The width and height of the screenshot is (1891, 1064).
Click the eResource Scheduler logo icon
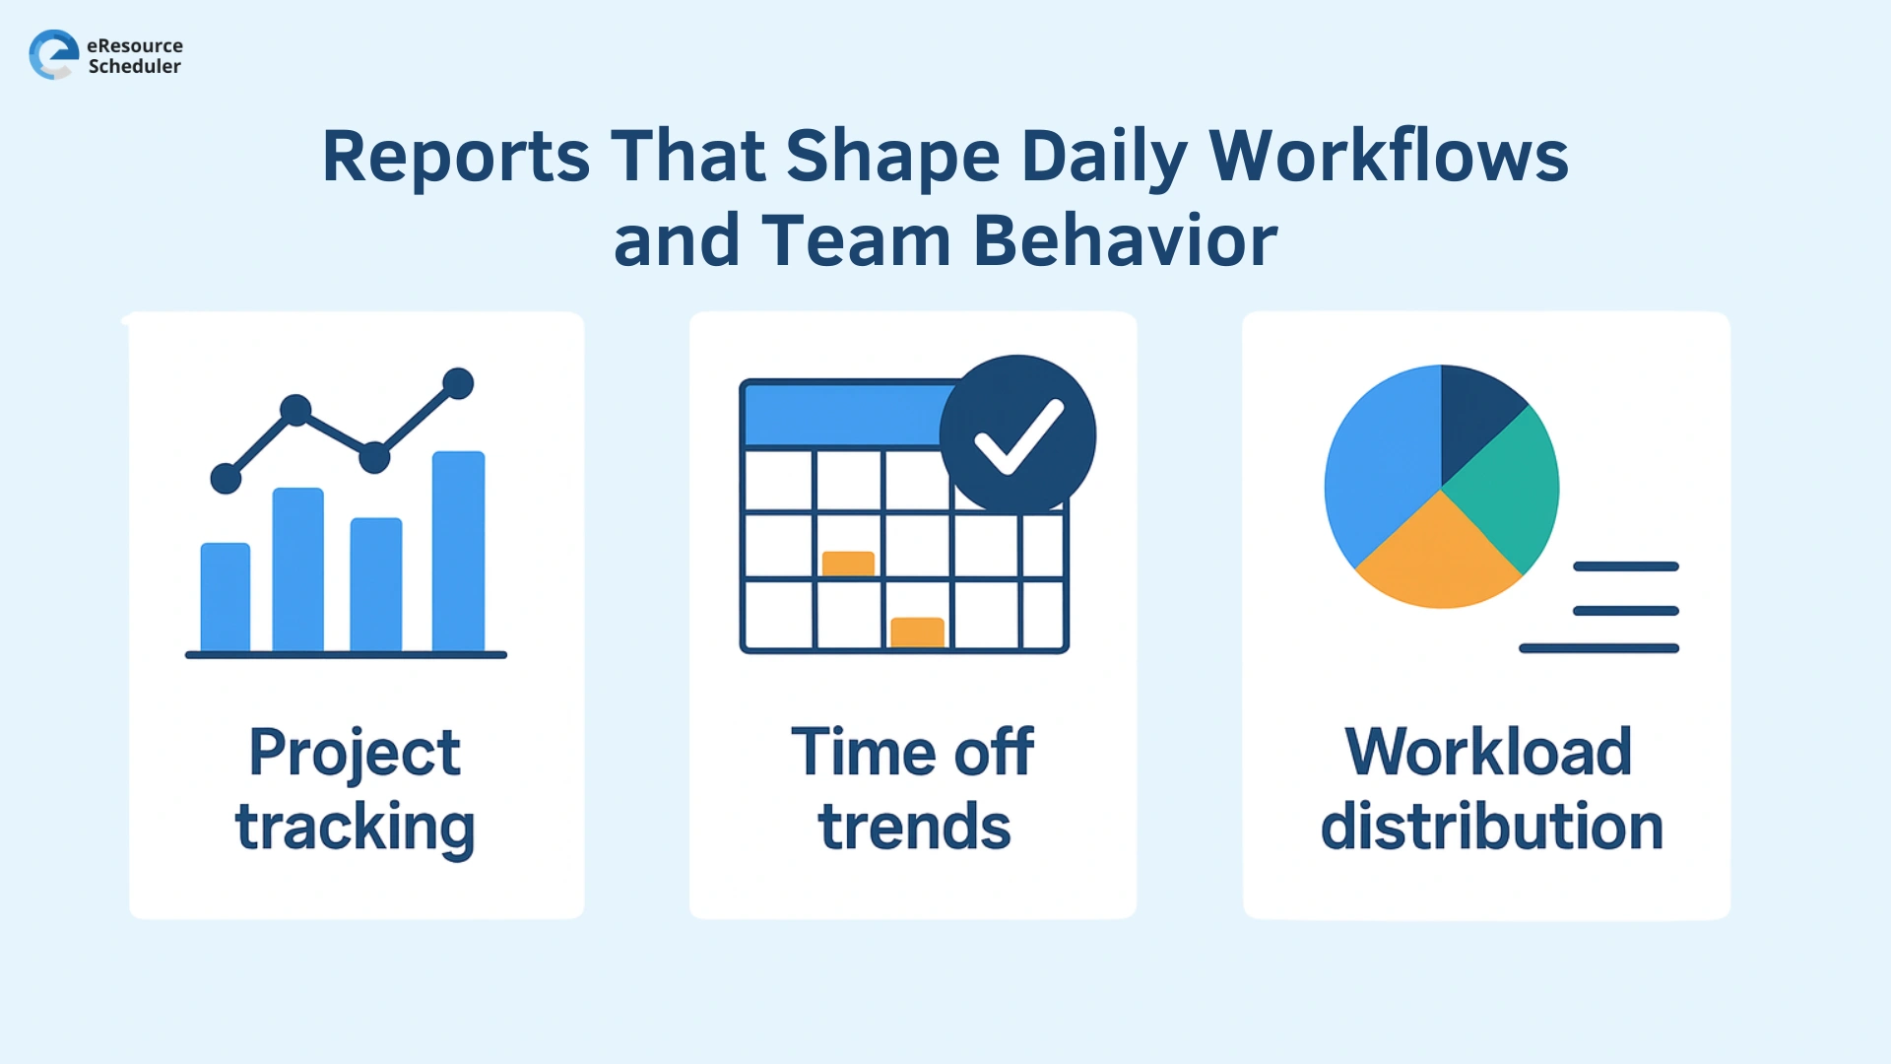click(53, 54)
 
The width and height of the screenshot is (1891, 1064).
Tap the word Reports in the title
click(455, 158)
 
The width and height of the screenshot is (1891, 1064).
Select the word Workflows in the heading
click(1388, 158)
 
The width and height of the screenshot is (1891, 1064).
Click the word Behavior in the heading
click(1125, 241)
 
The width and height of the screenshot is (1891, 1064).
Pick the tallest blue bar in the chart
click(459, 552)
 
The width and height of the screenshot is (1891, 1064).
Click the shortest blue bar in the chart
click(226, 597)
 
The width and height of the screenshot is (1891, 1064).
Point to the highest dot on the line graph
click(458, 383)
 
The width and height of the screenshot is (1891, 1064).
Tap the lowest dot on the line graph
click(226, 479)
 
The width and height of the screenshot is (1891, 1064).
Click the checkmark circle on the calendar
click(1017, 434)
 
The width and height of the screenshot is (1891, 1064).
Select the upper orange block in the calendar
click(848, 564)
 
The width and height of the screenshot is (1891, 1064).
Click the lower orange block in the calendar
click(917, 632)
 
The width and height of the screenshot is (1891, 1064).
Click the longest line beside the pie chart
click(1598, 648)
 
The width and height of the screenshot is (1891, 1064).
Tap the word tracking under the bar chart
click(355, 828)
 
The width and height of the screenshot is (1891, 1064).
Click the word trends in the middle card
click(914, 828)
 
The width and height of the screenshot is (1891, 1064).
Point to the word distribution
click(1491, 828)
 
